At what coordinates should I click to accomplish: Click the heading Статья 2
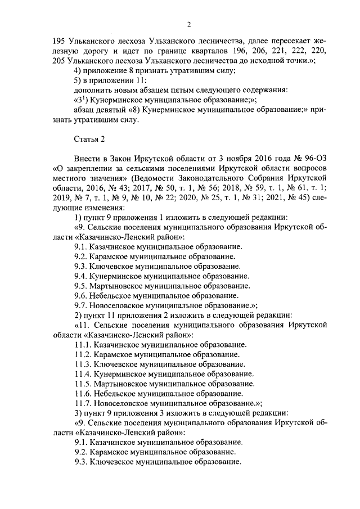[x=89, y=138]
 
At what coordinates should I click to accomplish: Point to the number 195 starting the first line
[x=58, y=41]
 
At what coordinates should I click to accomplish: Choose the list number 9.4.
[x=82, y=276]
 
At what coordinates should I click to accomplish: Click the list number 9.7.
[x=82, y=305]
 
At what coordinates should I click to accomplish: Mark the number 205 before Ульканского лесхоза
[x=58, y=61]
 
